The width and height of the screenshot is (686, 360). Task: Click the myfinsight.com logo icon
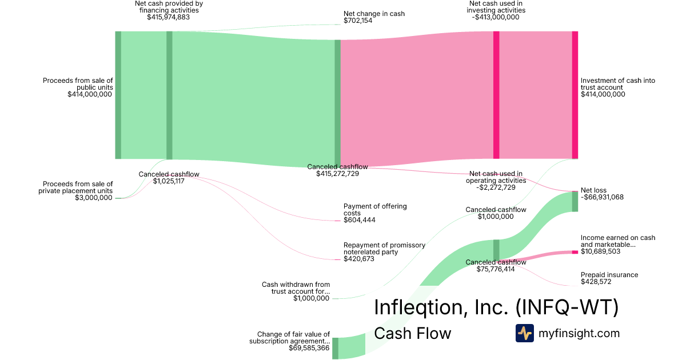pyautogui.click(x=525, y=333)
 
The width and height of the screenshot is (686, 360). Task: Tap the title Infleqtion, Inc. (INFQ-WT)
pyautogui.click(x=496, y=307)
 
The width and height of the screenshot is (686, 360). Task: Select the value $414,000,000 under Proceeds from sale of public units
pyautogui.click(x=90, y=95)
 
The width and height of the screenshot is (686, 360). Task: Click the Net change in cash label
pyautogui.click(x=374, y=13)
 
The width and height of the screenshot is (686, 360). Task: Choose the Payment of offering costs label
pyautogui.click(x=375, y=209)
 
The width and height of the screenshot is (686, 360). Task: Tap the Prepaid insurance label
pyautogui.click(x=609, y=275)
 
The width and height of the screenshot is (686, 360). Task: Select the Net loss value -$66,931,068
pyautogui.click(x=602, y=197)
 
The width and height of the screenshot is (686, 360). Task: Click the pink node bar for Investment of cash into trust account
pyautogui.click(x=575, y=95)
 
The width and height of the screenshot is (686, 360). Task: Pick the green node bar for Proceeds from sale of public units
pyautogui.click(x=118, y=95)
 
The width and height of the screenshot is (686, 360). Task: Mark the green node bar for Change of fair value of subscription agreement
pyautogui.click(x=335, y=348)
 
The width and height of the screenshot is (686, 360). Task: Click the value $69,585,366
pyautogui.click(x=309, y=348)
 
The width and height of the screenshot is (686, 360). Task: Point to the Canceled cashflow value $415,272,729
pyautogui.click(x=337, y=174)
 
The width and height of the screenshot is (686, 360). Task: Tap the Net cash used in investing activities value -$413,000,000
pyautogui.click(x=496, y=17)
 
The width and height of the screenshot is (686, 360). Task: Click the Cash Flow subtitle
pyautogui.click(x=412, y=333)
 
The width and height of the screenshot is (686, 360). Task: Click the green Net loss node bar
pyautogui.click(x=575, y=202)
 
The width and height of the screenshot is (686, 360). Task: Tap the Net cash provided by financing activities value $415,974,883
pyautogui.click(x=168, y=17)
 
